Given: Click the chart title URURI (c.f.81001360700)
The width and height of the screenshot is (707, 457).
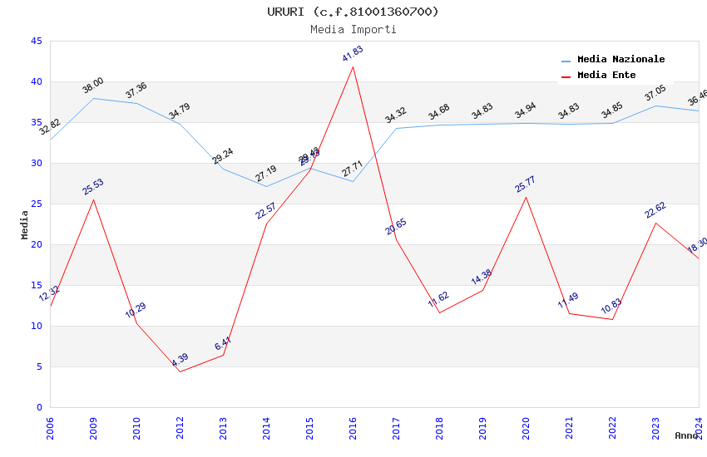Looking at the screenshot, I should coord(353,12).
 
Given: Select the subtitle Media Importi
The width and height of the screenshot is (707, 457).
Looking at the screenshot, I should coord(353,29).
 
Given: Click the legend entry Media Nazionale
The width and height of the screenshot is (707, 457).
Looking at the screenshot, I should coord(620,60).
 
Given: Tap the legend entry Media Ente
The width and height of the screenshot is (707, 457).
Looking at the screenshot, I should coord(606,76).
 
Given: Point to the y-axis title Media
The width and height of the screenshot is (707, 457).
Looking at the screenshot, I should coord(25,224).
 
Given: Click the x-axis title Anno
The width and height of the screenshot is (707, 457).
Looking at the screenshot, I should coord(686,435).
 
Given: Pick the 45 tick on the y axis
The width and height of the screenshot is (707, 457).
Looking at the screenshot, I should coord(36,41).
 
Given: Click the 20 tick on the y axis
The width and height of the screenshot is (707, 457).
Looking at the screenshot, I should coord(36,244).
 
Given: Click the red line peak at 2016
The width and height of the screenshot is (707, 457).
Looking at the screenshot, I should coord(353,66).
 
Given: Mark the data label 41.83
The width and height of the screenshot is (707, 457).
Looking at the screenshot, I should coord(353,54).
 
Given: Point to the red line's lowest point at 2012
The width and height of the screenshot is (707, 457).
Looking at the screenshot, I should coord(180,371).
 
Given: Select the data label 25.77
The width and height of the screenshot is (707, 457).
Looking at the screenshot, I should coord(526,184).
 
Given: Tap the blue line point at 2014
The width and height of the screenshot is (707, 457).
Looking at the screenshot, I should coord(266,186).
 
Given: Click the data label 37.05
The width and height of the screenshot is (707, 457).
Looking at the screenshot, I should coord(655,93).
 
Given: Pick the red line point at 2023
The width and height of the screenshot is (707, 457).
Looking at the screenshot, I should coord(655,223).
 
